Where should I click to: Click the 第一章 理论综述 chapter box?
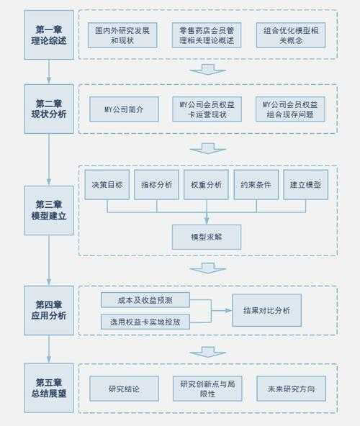click(49, 35)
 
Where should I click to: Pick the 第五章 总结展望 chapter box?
click(49, 389)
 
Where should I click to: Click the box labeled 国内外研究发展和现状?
click(123, 35)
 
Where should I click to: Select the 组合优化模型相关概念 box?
click(290, 35)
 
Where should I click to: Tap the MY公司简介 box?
click(123, 109)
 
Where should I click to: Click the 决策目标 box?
click(107, 185)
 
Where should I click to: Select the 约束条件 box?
click(256, 185)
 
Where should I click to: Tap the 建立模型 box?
click(305, 185)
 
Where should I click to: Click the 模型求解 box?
click(207, 237)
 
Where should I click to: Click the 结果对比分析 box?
click(266, 310)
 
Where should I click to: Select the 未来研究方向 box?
click(291, 389)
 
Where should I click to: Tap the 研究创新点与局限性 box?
click(207, 389)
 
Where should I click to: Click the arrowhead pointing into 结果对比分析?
click(228, 310)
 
